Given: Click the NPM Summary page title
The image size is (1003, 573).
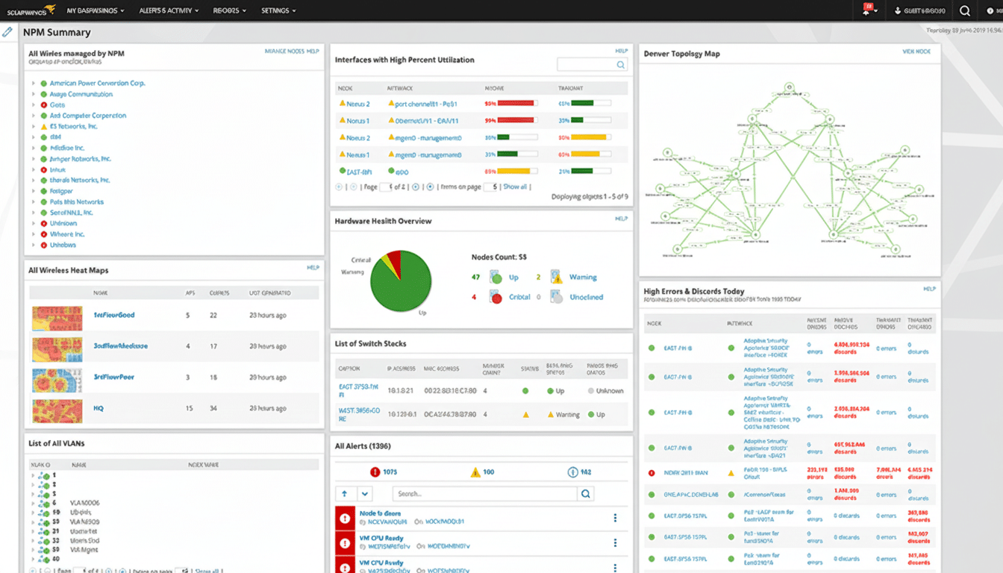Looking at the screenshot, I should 57,33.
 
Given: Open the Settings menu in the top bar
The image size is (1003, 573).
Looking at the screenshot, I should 278,11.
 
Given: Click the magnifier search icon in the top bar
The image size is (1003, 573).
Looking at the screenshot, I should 965,11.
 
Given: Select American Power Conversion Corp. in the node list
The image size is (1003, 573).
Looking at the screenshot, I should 97,84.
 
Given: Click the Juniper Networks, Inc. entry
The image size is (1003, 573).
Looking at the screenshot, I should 80,159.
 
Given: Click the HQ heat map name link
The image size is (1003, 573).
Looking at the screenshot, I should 99,409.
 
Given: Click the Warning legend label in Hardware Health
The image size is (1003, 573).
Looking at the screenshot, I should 583,277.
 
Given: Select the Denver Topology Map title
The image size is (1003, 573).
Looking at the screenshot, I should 681,54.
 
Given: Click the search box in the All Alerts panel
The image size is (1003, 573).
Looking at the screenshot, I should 485,494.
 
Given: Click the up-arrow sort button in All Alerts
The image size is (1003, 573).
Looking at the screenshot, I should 345,494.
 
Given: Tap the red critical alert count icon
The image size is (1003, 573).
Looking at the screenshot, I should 375,472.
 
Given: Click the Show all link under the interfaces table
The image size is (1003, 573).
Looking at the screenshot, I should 515,187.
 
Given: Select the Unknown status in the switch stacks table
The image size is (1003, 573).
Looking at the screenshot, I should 610,391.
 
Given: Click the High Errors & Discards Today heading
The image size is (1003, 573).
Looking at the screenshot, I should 694,291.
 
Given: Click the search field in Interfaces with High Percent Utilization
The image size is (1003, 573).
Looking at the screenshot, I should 587,66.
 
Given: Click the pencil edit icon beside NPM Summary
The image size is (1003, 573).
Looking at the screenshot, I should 7,32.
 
